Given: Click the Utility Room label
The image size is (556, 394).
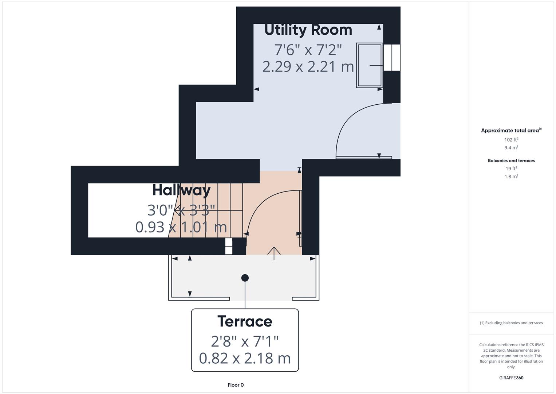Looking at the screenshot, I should click(x=308, y=30).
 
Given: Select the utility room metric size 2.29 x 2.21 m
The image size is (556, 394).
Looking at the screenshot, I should click(x=308, y=67).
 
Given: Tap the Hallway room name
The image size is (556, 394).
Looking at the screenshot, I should click(x=181, y=190).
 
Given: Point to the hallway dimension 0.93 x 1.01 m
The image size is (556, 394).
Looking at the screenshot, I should click(x=181, y=227).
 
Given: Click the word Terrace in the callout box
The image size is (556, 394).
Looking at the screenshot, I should click(x=245, y=321).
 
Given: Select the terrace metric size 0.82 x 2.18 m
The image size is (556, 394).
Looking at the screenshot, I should click(x=245, y=358).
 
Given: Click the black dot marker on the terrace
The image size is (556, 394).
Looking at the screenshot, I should click(x=245, y=278).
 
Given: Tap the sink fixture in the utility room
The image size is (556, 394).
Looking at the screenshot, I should click(x=369, y=66).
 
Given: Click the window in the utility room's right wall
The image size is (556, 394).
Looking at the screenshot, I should click(x=392, y=58).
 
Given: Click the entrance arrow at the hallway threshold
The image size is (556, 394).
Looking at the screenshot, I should click(x=274, y=252).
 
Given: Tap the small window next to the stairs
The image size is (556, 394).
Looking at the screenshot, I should click(x=229, y=246).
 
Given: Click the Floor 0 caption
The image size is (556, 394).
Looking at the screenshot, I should click(x=236, y=385).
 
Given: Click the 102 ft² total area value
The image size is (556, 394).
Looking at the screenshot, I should click(x=511, y=140).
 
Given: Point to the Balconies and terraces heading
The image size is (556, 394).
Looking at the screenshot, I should click(x=511, y=161).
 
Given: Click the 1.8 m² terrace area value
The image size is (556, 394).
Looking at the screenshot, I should click(x=511, y=177).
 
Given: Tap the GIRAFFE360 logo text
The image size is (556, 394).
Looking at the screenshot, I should click(x=511, y=378).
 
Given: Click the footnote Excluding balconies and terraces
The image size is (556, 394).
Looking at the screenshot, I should click(x=511, y=323).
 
